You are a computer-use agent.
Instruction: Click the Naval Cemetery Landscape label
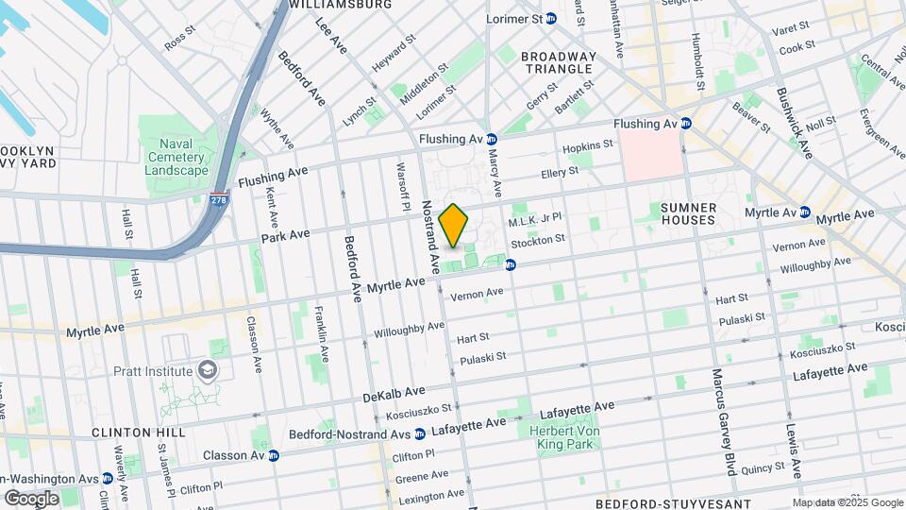pos(176,157)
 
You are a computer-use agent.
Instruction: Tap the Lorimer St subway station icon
pos(551,19)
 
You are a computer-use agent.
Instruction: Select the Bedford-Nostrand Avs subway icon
pos(419,433)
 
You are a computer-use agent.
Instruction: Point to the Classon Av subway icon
pos(274,455)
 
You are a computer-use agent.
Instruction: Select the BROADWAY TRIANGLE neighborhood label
pos(560,63)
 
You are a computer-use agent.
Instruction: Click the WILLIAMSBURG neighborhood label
pos(341,5)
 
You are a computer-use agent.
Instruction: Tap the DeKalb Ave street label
pos(394,393)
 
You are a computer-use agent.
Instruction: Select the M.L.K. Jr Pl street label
pos(535,221)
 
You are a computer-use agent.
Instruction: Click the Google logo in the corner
pos(31,498)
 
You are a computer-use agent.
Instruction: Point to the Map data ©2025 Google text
pos(847,501)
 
